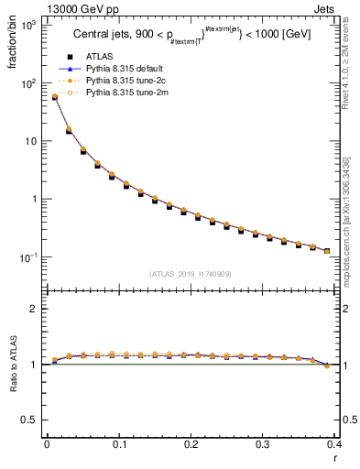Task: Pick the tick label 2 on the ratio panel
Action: (x=35, y=310)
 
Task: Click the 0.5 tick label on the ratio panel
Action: (x=30, y=420)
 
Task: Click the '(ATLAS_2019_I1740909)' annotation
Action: (x=191, y=273)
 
